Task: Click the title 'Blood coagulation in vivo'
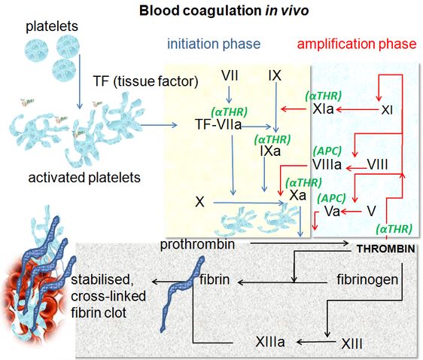coord(224,11)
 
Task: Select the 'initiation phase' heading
coord(214,44)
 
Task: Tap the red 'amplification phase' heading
coord(357,44)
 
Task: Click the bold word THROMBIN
coord(386,249)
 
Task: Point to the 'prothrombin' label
coord(197,245)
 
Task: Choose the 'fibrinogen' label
coord(367,279)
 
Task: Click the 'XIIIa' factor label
coord(270,342)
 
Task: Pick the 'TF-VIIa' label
coord(218,124)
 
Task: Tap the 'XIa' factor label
coord(324,109)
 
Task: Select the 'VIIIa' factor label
coord(327,164)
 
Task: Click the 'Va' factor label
coord(332,211)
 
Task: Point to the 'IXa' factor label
coord(270,151)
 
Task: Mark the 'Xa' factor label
coord(298,195)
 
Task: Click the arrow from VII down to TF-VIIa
coord(229,95)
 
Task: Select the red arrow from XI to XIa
coord(357,109)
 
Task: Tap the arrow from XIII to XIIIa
coord(316,342)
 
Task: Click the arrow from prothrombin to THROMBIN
coord(300,243)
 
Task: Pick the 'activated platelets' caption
coord(84,178)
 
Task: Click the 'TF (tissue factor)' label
coord(146,81)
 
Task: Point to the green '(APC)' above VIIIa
coord(327,151)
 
